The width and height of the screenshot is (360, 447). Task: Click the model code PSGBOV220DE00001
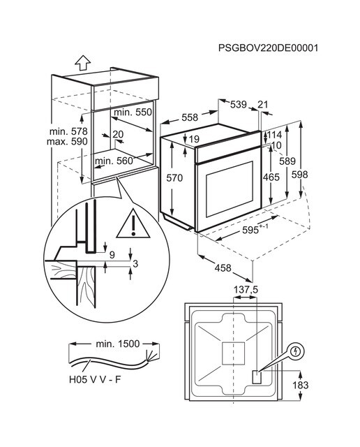coord(268,48)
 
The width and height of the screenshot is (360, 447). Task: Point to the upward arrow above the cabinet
coord(82,63)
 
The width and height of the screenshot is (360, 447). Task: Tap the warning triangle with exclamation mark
coord(133,224)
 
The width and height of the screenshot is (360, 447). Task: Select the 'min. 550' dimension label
coord(133,112)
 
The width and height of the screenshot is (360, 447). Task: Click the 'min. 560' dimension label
coord(114,161)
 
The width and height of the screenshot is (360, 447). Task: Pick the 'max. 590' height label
coord(67,142)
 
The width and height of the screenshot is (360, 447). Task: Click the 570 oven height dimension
coord(174,178)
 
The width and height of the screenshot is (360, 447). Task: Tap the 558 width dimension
coord(190,117)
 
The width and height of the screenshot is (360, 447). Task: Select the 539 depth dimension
coord(239,104)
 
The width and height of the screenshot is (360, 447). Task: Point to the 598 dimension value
coord(299,175)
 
